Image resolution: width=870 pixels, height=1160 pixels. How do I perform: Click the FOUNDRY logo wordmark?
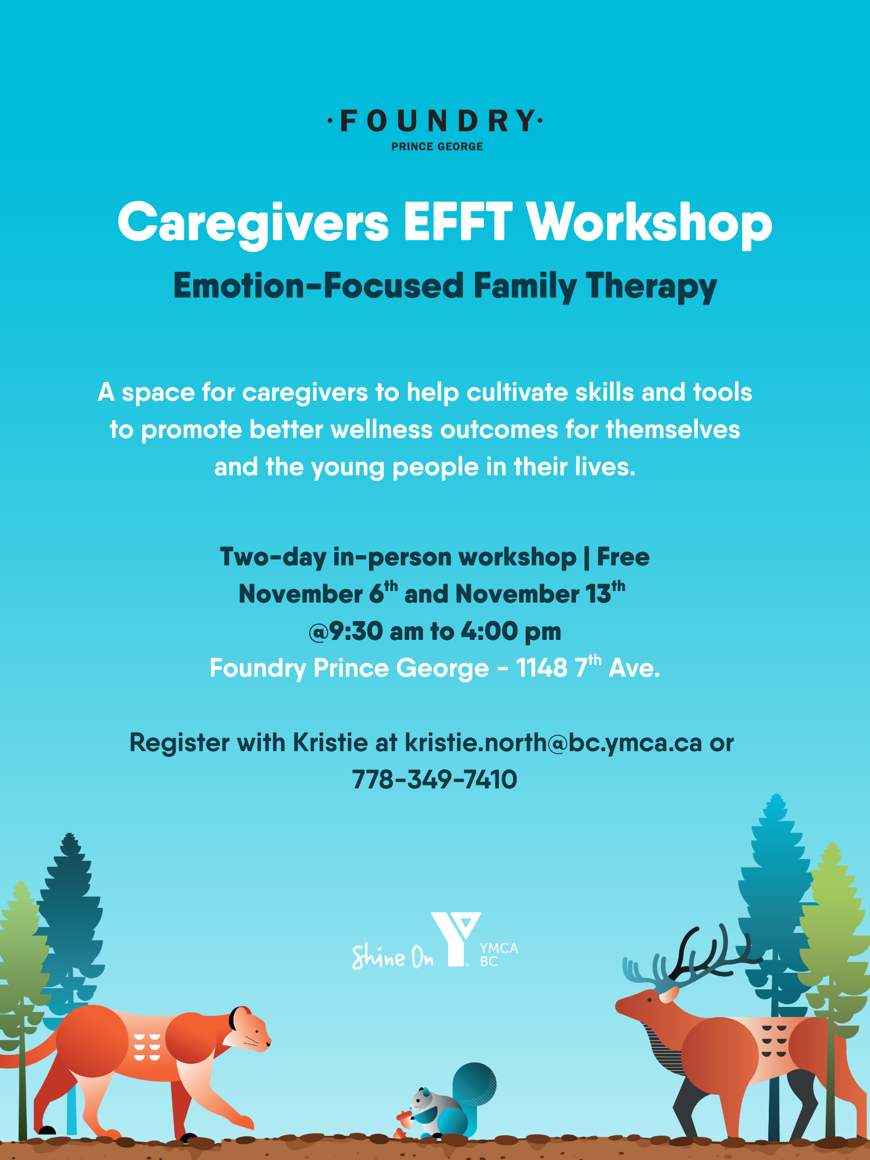[x=436, y=121]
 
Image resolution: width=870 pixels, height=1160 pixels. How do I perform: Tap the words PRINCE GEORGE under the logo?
[x=437, y=147]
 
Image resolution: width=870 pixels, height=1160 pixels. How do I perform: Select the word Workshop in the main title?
[x=649, y=224]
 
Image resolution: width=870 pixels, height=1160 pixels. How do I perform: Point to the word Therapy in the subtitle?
[x=651, y=287]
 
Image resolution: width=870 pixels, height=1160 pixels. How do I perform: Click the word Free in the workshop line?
[x=623, y=556]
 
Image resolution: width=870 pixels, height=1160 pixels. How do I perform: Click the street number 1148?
[x=542, y=668]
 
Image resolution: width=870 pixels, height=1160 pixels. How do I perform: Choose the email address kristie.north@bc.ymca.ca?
[x=553, y=743]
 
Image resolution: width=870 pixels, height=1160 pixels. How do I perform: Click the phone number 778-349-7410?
[x=434, y=780]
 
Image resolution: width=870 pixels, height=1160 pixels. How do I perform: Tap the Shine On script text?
[x=392, y=957]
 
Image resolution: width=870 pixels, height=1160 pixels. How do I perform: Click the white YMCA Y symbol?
[x=455, y=938]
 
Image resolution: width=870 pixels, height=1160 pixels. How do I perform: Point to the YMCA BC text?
[x=498, y=955]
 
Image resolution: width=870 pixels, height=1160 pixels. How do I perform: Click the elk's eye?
[x=650, y=1000]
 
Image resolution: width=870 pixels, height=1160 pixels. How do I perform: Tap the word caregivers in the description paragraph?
[x=305, y=393]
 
